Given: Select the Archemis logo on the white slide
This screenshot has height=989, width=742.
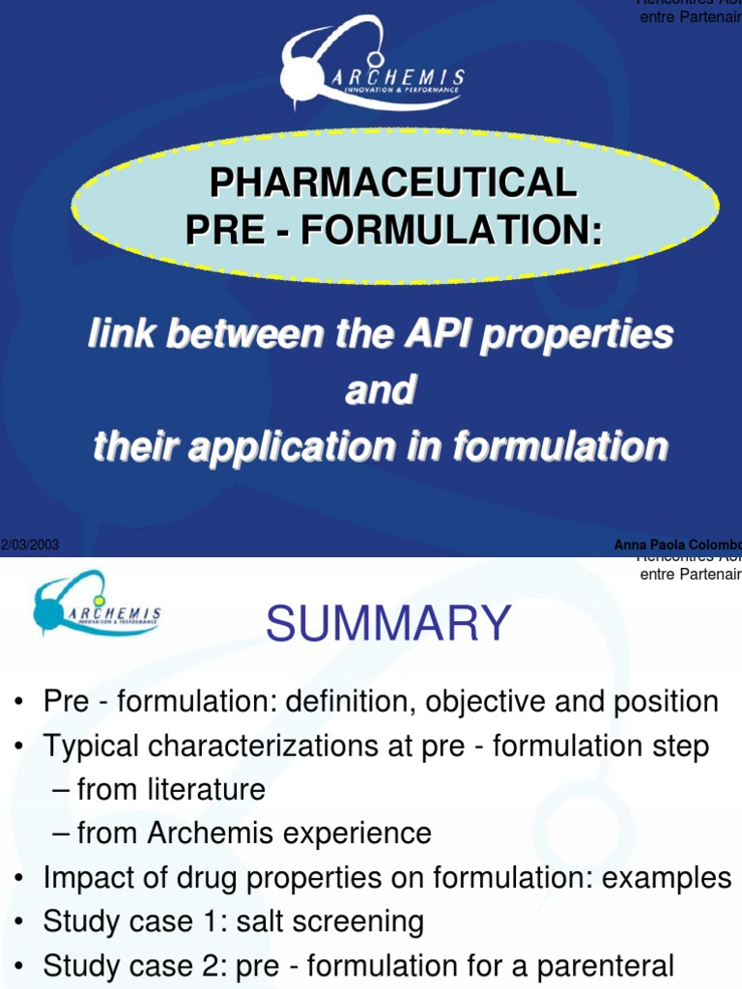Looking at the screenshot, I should tap(97, 606).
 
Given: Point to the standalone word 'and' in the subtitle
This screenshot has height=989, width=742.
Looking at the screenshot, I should tap(380, 390).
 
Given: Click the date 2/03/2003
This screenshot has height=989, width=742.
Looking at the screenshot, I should tap(30, 545).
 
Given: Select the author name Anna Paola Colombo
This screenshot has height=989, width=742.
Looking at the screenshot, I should tap(676, 545).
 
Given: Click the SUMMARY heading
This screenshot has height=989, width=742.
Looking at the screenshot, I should tap(387, 623).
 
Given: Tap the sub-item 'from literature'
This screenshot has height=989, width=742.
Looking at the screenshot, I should tap(171, 790).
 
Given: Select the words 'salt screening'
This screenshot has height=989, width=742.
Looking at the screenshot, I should tap(342, 921).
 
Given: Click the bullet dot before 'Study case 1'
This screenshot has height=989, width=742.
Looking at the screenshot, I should tap(20, 922).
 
